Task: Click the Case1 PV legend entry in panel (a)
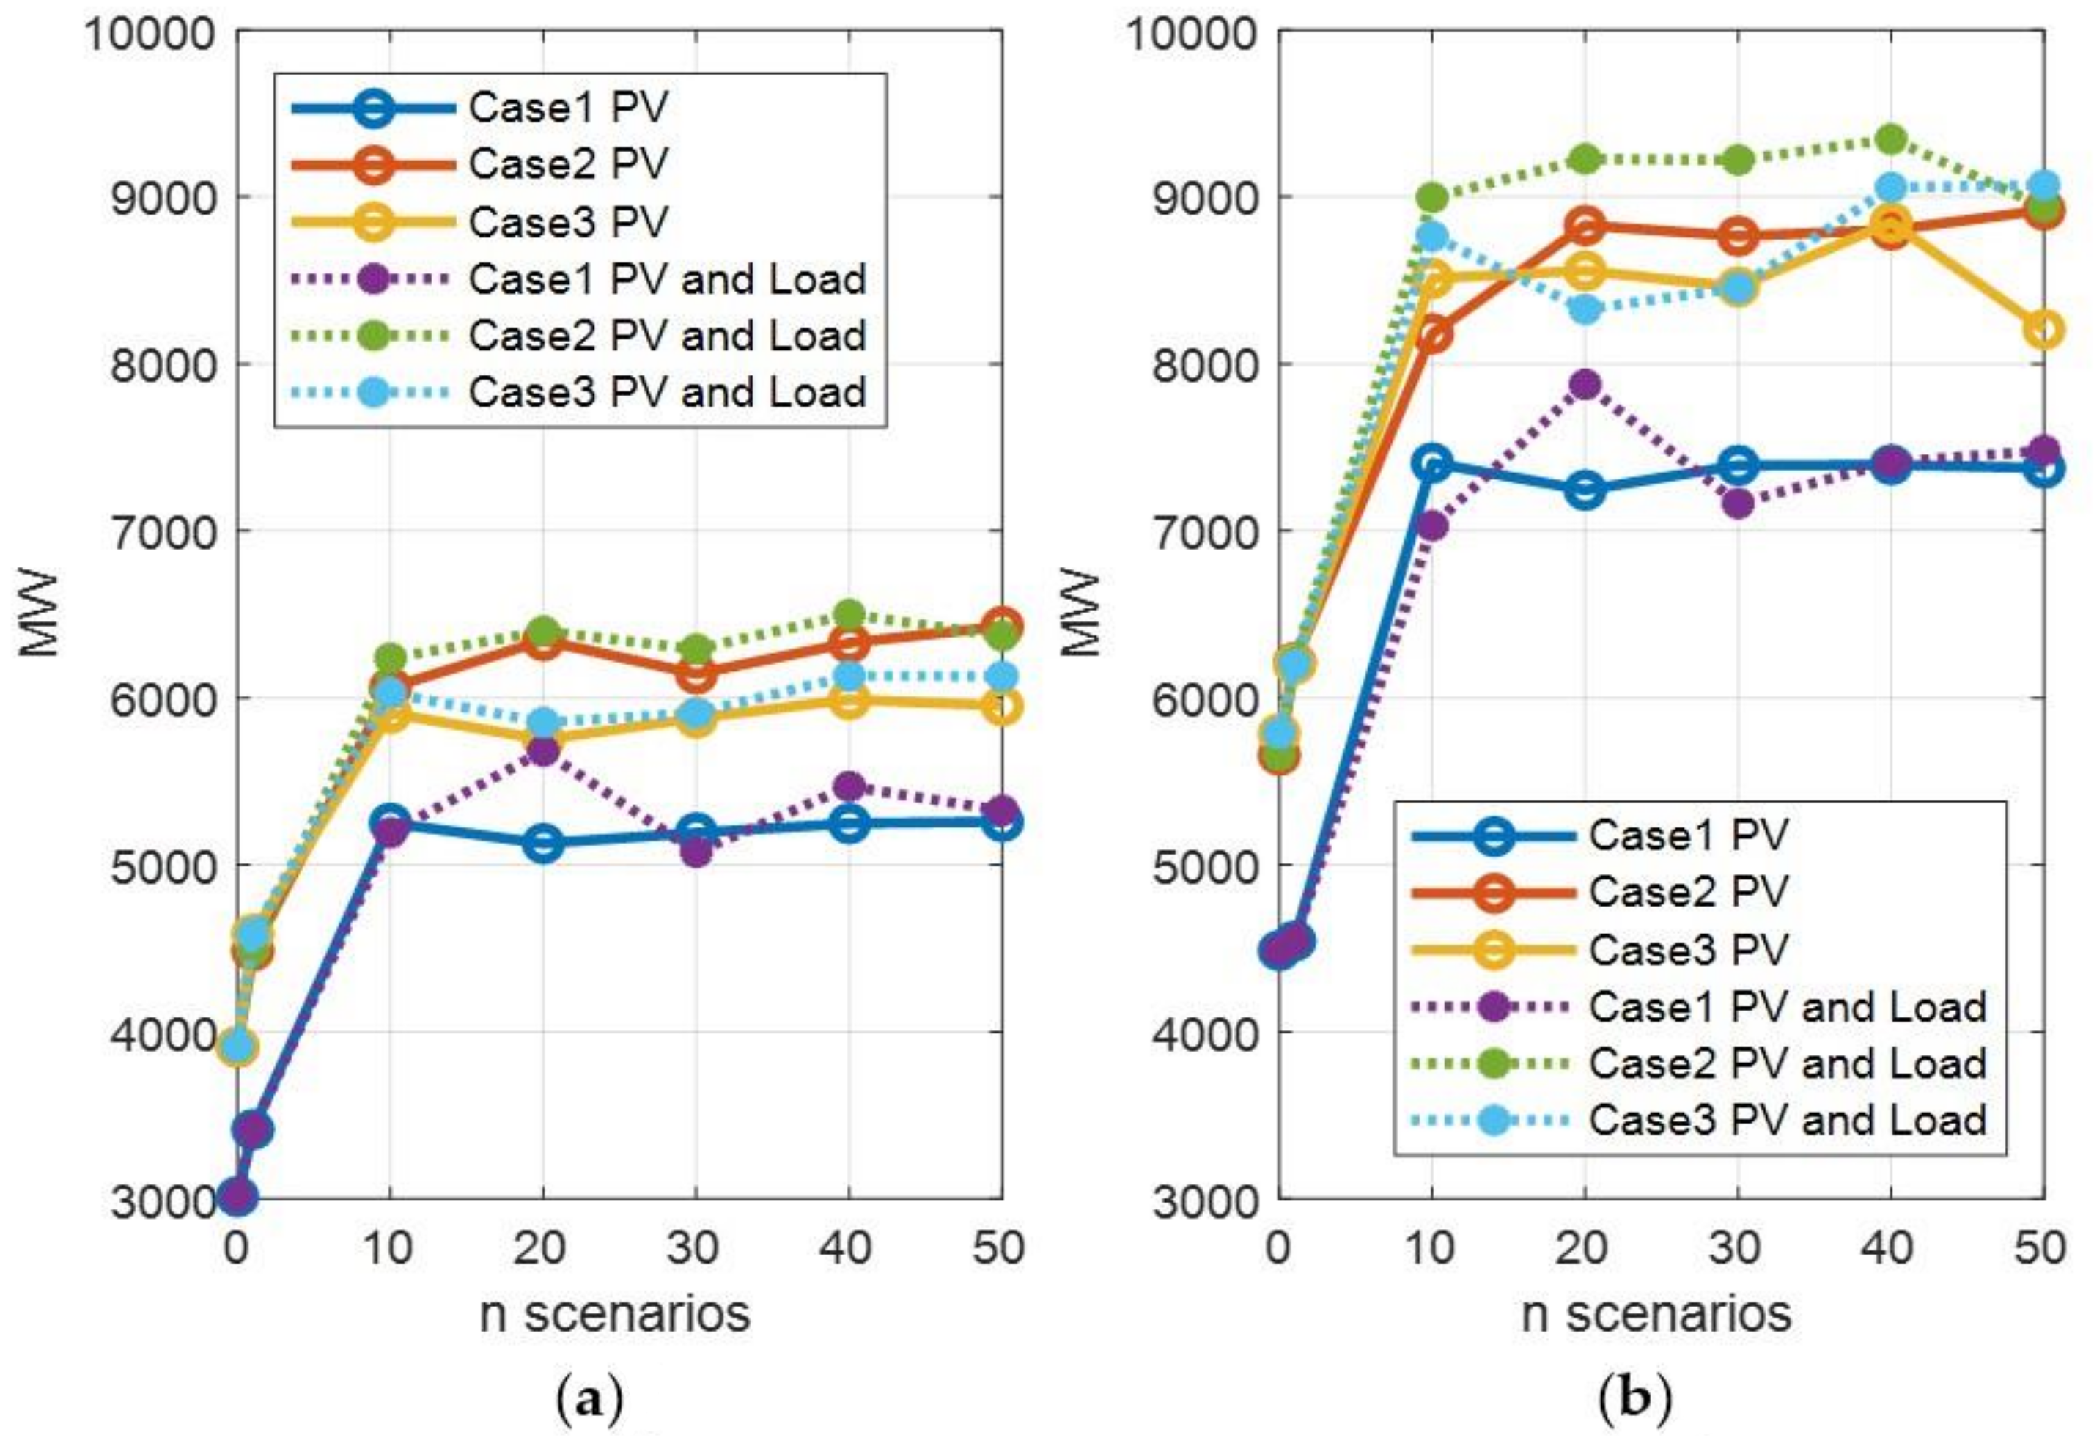[567, 108]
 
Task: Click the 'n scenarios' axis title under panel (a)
[614, 1313]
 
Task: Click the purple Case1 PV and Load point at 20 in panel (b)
[1585, 384]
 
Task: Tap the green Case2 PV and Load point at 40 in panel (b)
[1890, 139]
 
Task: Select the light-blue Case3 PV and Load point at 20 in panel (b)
[1585, 310]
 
